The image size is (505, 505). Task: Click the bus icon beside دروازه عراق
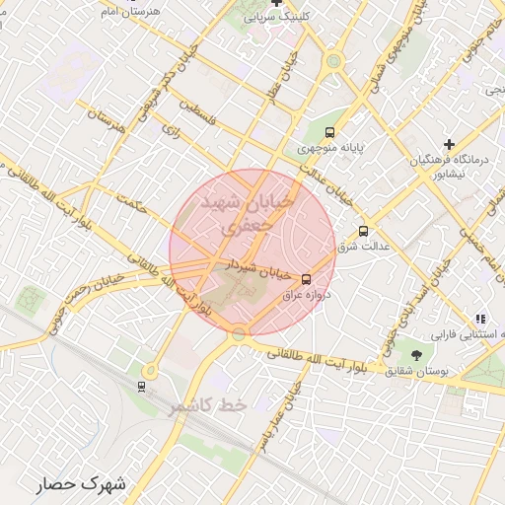(x=306, y=279)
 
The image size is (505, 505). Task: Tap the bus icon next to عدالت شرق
(x=364, y=231)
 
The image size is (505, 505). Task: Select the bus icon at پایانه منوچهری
(x=329, y=132)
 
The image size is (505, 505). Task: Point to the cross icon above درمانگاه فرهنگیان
(x=449, y=144)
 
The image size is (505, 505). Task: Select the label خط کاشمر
(x=206, y=406)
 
